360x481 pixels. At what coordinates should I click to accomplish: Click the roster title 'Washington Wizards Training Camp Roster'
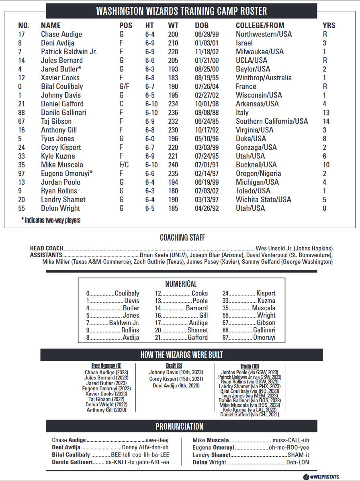[x=182, y=11]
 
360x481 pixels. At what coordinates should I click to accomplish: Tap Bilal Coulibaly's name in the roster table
[x=62, y=87]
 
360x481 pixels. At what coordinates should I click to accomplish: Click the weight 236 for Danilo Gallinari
[x=173, y=113]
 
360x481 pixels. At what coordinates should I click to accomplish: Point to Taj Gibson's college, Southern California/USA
[x=272, y=121]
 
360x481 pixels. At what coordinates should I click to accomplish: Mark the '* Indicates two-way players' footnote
[x=51, y=220]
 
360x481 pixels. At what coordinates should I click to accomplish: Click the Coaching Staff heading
[x=182, y=238]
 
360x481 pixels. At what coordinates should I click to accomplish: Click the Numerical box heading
[x=181, y=284]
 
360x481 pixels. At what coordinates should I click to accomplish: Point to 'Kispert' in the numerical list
[x=266, y=293]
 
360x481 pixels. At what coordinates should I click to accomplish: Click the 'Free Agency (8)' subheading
[x=106, y=366]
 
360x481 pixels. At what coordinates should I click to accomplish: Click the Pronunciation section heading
[x=180, y=426]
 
